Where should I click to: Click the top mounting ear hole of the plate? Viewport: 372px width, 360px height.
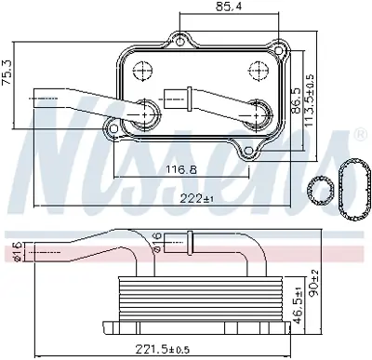click(x=180, y=40)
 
